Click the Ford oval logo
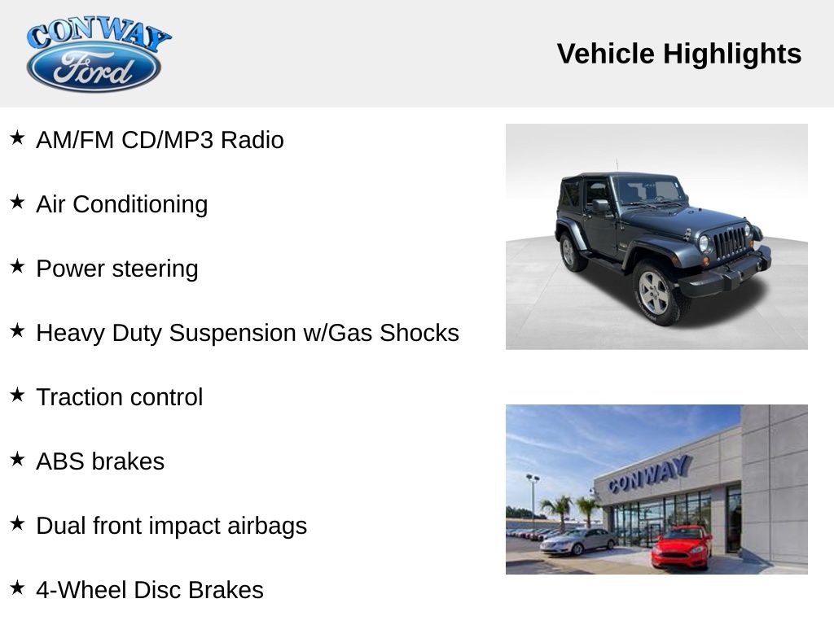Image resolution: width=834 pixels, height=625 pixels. [94, 67]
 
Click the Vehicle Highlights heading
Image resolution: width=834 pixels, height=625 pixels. [678, 54]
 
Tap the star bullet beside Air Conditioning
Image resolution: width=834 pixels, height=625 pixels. [17, 202]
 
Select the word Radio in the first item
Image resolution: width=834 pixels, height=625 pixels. [252, 140]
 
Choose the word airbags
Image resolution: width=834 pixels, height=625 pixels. [267, 527]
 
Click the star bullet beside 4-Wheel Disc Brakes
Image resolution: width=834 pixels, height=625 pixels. [17, 588]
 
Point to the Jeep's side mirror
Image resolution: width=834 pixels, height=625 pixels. [600, 206]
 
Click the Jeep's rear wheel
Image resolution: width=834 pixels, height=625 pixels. [572, 252]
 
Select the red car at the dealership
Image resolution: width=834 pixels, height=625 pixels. [682, 548]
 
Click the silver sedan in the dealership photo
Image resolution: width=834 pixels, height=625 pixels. [577, 541]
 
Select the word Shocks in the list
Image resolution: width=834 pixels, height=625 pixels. [419, 333]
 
